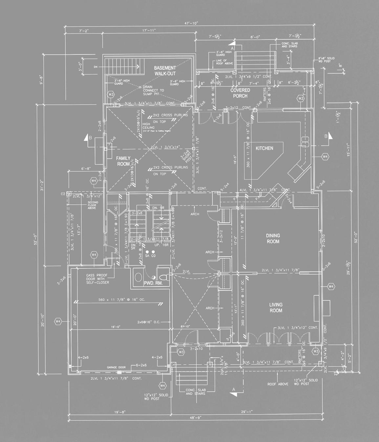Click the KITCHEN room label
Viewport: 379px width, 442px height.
pyautogui.click(x=264, y=148)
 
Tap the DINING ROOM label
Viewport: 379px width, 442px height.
pyautogui.click(x=273, y=239)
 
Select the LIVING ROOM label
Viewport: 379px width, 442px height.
pyautogui.click(x=276, y=307)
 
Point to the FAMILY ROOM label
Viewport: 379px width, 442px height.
pyautogui.click(x=123, y=161)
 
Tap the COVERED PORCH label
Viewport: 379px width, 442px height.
pyautogui.click(x=240, y=93)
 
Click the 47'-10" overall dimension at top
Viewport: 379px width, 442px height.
pyautogui.click(x=192, y=24)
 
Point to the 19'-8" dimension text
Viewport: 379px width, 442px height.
pyautogui.click(x=119, y=412)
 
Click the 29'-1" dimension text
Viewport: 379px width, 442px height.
pyautogui.click(x=246, y=412)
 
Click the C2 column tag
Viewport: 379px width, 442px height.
pyautogui.click(x=63, y=194)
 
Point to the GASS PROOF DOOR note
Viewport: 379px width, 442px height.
pyautogui.click(x=97, y=279)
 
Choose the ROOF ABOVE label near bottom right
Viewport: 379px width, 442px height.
pyautogui.click(x=278, y=384)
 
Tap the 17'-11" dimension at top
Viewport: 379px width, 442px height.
pyautogui.click(x=149, y=31)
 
